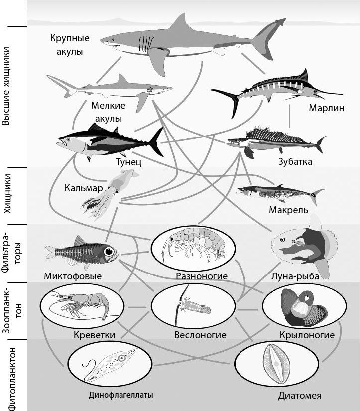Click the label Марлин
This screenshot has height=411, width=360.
click(x=327, y=108)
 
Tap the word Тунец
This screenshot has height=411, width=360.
click(x=129, y=162)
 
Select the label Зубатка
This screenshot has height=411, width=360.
click(x=295, y=162)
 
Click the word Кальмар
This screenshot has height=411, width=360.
click(x=83, y=188)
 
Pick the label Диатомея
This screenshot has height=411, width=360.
click(x=300, y=396)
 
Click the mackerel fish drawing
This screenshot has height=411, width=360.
click(x=279, y=192)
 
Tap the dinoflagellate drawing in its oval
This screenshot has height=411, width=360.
click(x=107, y=365)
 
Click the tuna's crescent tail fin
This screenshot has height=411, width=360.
click(x=157, y=141)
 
